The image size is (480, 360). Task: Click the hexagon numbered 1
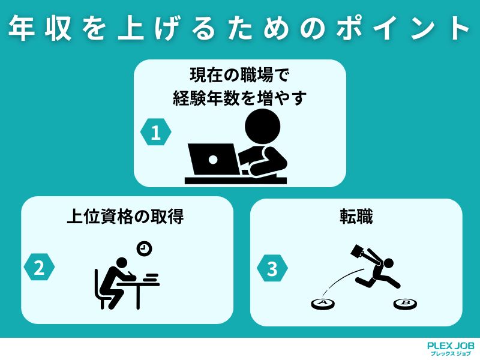coord(156,133)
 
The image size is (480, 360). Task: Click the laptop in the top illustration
coord(213,159)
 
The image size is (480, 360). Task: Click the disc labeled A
coord(323,304)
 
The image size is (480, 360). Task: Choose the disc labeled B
coord(405,304)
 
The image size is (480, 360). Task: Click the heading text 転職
coord(356,217)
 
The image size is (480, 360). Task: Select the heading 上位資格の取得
coord(125,217)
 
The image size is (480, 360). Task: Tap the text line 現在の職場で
coord(239,76)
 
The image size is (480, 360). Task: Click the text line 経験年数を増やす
coord(239,98)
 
